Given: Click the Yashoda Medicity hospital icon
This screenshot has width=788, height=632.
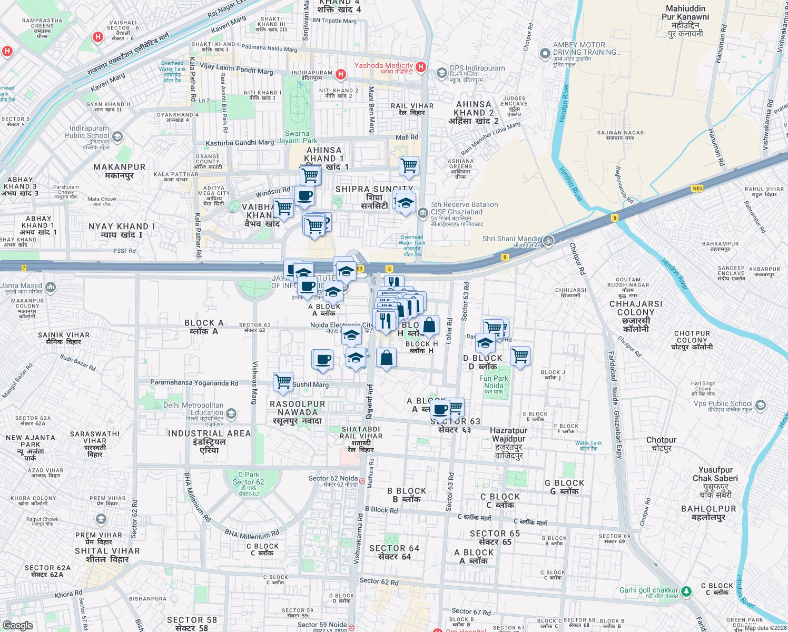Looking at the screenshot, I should click(420, 67).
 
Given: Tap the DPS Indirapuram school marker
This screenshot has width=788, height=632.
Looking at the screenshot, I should click(441, 72).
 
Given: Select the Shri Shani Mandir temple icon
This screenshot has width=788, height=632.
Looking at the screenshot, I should click(548, 241).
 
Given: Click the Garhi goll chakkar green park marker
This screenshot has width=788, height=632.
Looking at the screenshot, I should click(686, 591).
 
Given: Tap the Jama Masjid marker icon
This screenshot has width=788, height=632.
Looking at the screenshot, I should click(51, 287).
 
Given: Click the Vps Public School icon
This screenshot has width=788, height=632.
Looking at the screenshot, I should click(760, 405).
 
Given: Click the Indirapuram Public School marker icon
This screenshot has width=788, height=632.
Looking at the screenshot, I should click(117, 137).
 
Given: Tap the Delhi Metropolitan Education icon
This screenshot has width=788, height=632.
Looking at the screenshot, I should click(231, 414).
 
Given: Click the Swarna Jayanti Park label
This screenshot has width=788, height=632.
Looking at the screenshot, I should click(298, 137).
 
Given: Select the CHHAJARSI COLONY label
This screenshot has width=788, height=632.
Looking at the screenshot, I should click(636, 308).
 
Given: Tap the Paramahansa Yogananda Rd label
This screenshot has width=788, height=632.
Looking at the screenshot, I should click(194, 383).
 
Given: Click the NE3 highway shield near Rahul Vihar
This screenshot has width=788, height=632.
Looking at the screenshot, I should click(697, 189).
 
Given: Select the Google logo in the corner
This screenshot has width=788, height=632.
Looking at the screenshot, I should click(18, 625).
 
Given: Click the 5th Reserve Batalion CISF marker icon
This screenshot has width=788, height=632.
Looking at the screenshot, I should click(422, 213).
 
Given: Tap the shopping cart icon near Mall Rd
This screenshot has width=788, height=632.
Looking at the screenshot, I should click(409, 166).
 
